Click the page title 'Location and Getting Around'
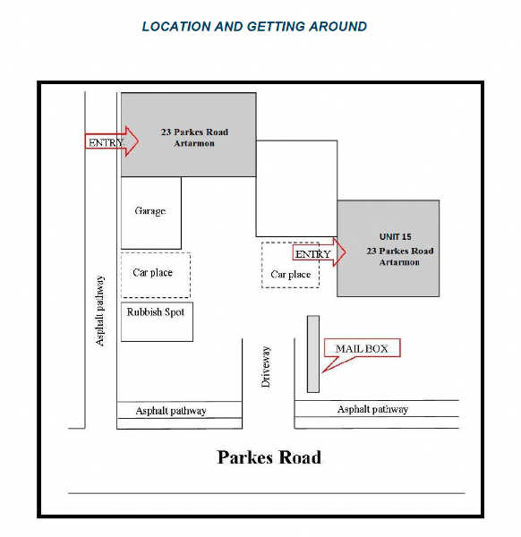coord(254,27)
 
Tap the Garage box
coord(151,213)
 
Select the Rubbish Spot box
coord(157,321)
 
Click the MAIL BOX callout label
coord(362,349)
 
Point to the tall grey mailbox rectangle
coord(313,354)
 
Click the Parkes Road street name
coord(269,457)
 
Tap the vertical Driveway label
coord(266,366)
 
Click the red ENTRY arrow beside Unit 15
coord(319,252)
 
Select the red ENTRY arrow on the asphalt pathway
coord(112,141)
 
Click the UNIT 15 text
coord(396,236)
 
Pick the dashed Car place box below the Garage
coord(156,275)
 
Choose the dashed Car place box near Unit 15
coord(290,265)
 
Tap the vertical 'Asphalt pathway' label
coord(99,311)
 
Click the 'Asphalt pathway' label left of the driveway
coord(171,411)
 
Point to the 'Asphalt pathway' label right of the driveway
coord(372,409)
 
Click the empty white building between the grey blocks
coord(296,188)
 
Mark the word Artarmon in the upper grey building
coord(194,143)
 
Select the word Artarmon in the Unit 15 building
coord(399,262)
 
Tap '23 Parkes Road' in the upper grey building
coord(194,132)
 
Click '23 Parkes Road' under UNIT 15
coord(400,251)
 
